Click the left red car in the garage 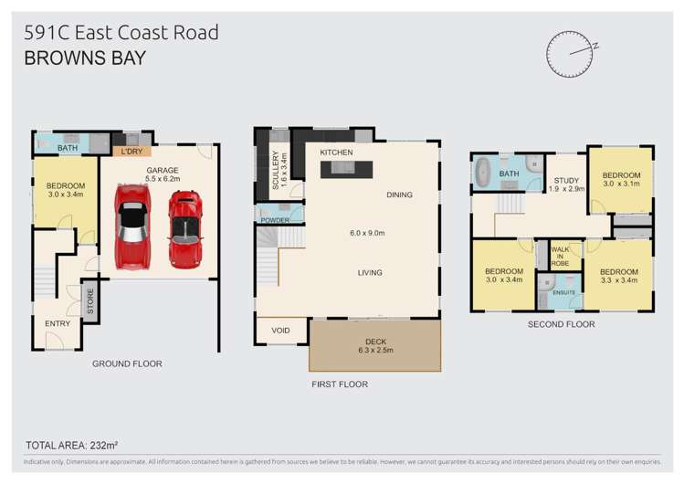[x=132, y=226]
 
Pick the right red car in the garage [x=185, y=228]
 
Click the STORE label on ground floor [x=90, y=301]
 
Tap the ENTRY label [x=57, y=323]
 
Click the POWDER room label [x=275, y=220]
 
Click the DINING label [x=399, y=195]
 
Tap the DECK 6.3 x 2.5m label [x=375, y=346]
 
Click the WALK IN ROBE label [x=559, y=258]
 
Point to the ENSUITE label [x=563, y=292]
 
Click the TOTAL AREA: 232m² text [x=74, y=445]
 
